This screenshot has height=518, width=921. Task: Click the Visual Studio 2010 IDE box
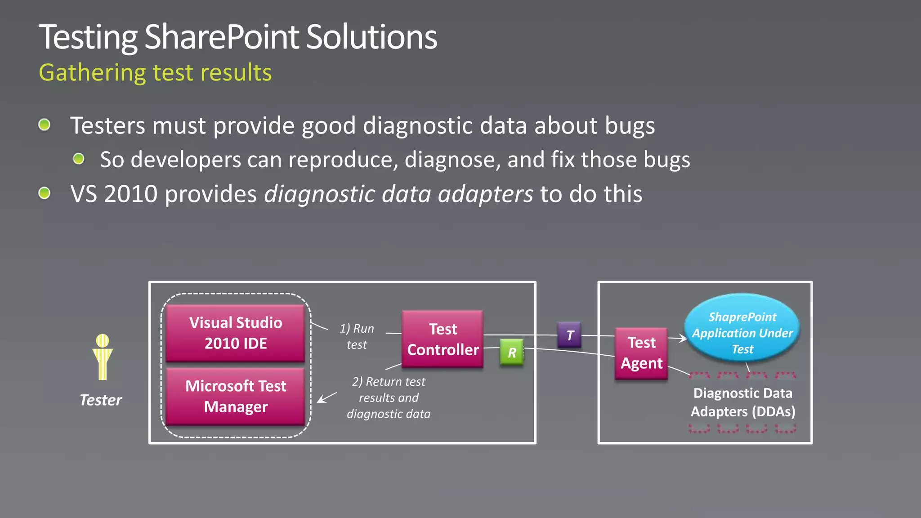tap(235, 333)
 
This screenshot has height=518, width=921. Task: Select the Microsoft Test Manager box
tap(235, 396)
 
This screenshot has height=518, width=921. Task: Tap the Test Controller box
tap(443, 339)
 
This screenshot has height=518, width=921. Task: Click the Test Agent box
tap(641, 353)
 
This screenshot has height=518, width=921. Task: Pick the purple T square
tap(569, 335)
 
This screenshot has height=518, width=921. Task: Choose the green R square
tap(512, 352)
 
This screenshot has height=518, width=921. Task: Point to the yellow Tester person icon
tap(103, 357)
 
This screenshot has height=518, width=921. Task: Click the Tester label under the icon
tap(101, 400)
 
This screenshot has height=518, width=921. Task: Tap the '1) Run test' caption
tap(357, 336)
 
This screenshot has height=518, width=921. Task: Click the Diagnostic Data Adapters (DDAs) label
tap(743, 402)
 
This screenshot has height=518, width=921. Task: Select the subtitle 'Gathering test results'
tap(155, 72)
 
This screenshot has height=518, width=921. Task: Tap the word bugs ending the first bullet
tap(630, 125)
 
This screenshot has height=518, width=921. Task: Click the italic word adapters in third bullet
tap(485, 194)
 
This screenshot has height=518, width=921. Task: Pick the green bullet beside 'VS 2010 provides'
tap(44, 193)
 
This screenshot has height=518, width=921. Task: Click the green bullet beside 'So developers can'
tap(79, 159)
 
